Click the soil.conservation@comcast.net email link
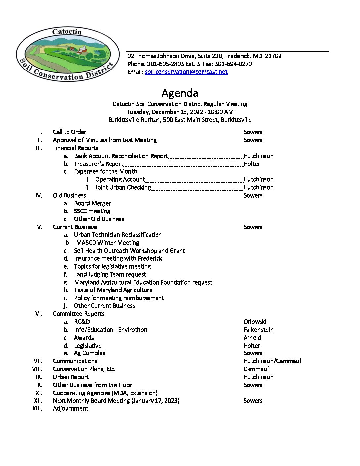point(186,72)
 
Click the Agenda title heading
point(180,93)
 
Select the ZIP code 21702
point(273,56)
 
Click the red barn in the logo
point(82,51)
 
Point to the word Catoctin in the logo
point(67,32)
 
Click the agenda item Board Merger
point(92,203)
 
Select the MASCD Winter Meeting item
point(108,243)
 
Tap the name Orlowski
point(255,322)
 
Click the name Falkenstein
point(258,330)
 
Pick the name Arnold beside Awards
point(252,338)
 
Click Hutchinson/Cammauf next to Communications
point(272,361)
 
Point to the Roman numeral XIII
point(37,408)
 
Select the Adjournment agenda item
point(70,408)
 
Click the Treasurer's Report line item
point(99,164)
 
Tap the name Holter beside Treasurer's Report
point(252,164)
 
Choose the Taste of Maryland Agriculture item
point(113,290)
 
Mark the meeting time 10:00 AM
point(221,112)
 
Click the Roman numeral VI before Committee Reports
point(39,314)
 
